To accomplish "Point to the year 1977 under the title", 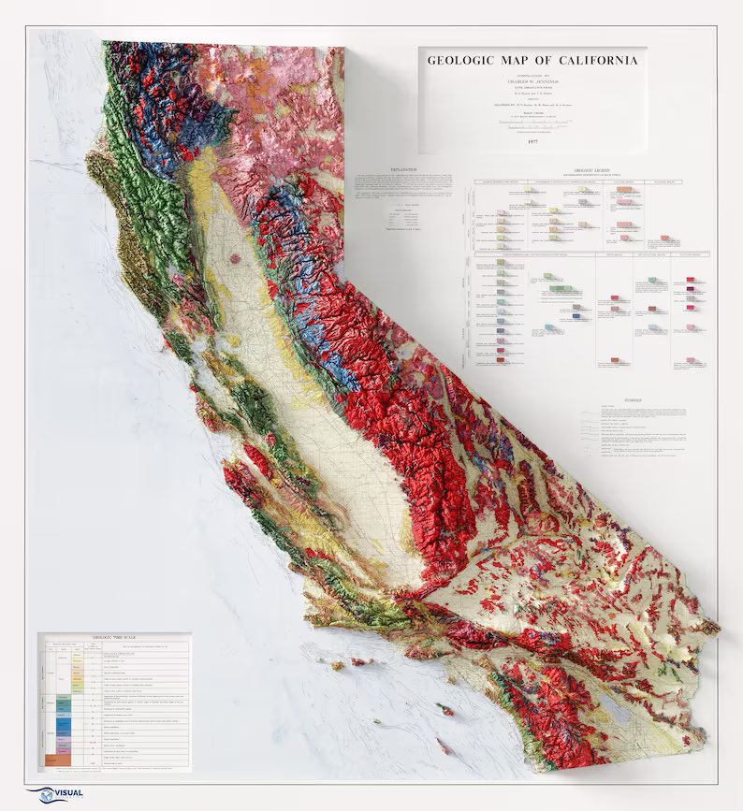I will click(x=532, y=140).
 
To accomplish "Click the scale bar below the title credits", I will click(x=532, y=122).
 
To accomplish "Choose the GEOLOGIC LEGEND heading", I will click(x=586, y=172).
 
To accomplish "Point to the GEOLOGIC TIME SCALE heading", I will click(x=114, y=639).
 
